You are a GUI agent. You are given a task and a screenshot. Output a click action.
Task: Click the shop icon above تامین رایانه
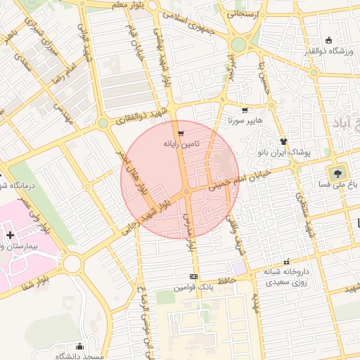tap(181, 133)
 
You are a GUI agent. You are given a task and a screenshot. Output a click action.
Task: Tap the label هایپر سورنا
tap(244, 120)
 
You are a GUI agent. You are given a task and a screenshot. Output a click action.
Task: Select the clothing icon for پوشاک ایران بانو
tap(284, 141)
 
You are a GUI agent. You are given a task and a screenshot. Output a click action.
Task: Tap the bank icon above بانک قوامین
tap(194, 276)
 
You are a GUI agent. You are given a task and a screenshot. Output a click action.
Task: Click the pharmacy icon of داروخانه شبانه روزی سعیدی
tap(285, 261)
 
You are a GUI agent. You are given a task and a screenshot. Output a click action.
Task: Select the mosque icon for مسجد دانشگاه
tap(79, 346)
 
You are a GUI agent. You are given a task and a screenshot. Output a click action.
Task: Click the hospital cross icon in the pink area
tap(10, 234)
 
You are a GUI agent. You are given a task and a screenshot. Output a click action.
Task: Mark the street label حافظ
tap(225, 281)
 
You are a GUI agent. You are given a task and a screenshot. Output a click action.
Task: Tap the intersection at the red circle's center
tap(187, 191)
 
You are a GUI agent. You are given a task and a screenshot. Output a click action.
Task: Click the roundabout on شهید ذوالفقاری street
tap(103, 123)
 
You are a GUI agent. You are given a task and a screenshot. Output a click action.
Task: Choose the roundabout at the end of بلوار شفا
tap(72, 264)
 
